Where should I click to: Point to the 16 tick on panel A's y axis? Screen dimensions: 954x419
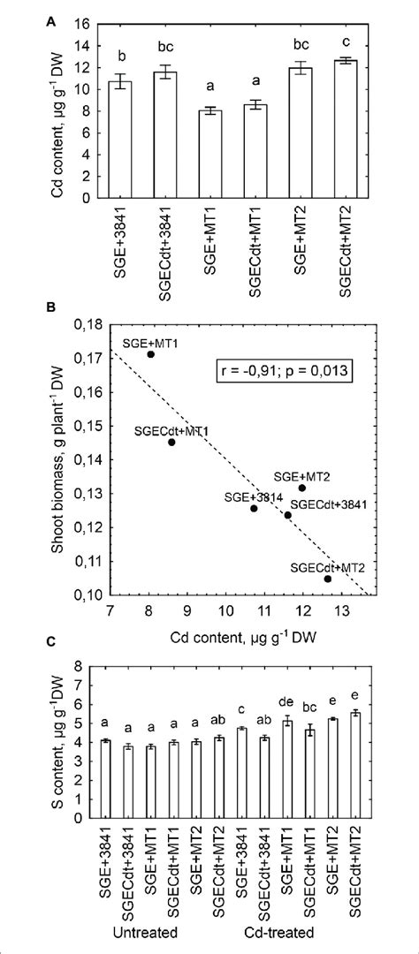(91, 23)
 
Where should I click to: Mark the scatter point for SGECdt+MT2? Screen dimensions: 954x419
(328, 579)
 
